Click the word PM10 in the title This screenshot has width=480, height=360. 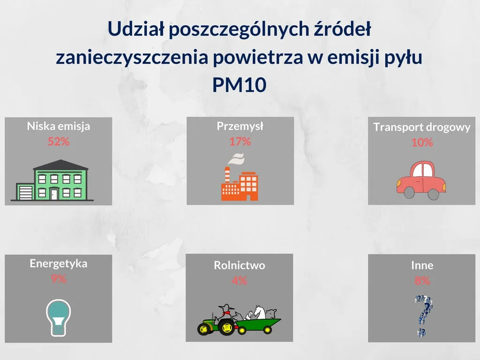point(239,85)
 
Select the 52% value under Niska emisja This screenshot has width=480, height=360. point(59,141)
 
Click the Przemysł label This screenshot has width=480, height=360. point(240,126)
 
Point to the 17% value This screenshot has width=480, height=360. point(240,141)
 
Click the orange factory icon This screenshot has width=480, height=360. point(240,183)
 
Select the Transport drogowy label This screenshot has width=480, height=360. point(421,127)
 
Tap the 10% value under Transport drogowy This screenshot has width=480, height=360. point(422,142)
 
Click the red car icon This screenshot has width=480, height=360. point(421,180)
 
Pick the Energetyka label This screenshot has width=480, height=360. point(59,263)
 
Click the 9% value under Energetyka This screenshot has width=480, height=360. point(59,279)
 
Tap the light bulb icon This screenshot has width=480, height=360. point(59,317)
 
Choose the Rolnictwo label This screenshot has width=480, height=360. point(240,265)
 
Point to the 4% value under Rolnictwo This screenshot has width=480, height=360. point(240,281)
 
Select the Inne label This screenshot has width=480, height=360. point(422,265)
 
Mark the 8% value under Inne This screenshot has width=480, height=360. point(422,281)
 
